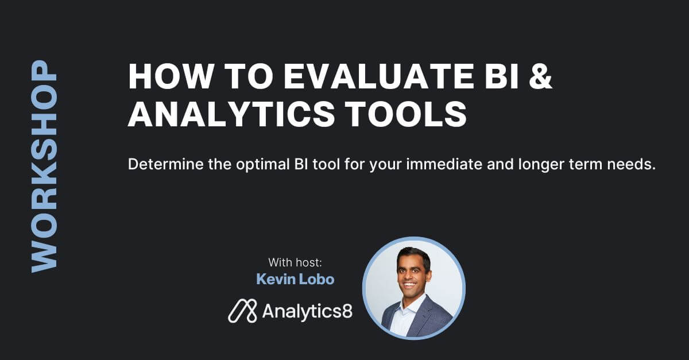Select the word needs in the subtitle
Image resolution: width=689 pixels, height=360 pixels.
[x=632, y=164]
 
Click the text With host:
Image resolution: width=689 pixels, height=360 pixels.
[x=295, y=262]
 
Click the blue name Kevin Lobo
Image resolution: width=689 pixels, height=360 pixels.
[x=295, y=280]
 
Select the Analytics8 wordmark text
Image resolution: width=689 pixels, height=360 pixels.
[x=307, y=312]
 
